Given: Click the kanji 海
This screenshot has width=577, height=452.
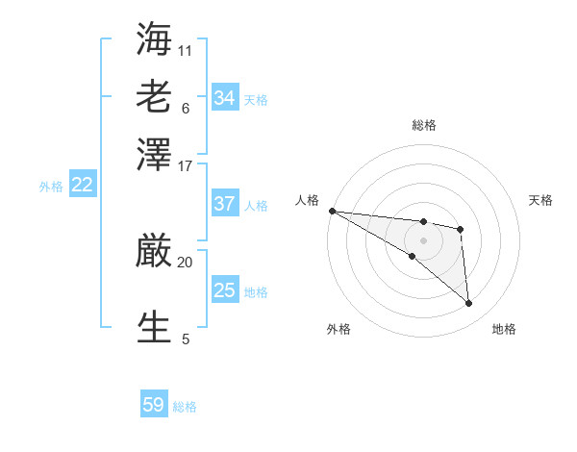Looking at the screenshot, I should tap(155, 38).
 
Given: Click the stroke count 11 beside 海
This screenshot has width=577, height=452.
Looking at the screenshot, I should tap(186, 50).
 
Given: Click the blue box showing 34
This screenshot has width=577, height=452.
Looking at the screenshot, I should tap(225, 97).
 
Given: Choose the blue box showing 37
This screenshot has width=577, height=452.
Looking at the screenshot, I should tap(225, 204).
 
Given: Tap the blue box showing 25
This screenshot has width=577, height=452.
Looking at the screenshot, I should tap(225, 290).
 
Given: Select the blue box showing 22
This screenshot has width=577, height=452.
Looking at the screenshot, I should tap(82, 186).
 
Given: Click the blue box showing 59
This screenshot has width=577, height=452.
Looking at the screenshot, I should tap(154, 405).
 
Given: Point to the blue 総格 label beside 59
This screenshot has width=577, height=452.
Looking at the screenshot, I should tap(185, 407).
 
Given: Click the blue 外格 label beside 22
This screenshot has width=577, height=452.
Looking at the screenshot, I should tap(51, 187).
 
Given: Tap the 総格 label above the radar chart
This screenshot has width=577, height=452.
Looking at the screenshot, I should tap(424, 125).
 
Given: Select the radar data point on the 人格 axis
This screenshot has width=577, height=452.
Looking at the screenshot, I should tap(332, 211).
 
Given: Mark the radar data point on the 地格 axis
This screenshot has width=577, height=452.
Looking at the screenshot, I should tap(469, 304).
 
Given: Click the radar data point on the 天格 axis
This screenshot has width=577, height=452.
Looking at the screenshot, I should tap(461, 229).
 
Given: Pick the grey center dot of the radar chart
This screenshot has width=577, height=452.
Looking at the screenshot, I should tap(424, 239).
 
